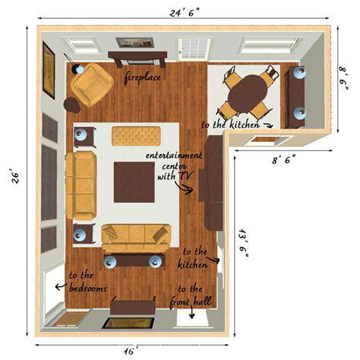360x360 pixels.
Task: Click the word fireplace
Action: click(143, 78)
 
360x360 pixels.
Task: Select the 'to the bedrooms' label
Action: click(87, 282)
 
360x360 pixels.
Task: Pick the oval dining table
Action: click(248, 93)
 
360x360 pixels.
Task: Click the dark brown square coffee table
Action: click(134, 181)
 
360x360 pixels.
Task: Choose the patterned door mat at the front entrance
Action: click(124, 322)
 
